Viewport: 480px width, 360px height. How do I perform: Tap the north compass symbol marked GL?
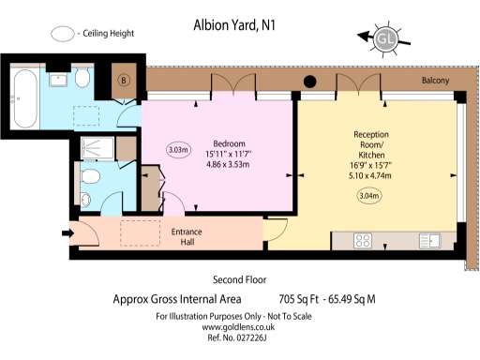(384, 38)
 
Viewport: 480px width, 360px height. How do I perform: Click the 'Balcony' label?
(434, 82)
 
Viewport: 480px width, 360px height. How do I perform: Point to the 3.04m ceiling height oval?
(371, 196)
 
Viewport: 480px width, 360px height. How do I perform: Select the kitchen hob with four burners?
(365, 241)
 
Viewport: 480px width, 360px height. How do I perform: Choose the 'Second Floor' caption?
(240, 279)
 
